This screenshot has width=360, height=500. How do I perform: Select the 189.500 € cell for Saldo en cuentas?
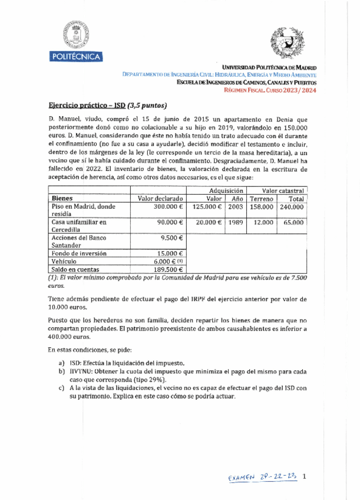[169, 269]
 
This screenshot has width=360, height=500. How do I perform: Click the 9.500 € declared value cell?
[172, 238]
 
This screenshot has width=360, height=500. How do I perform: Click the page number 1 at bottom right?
[304, 476]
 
